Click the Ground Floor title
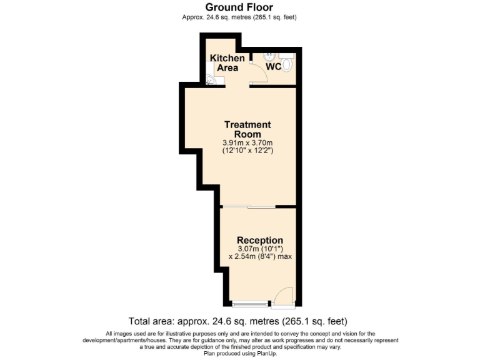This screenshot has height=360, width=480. point(239,7)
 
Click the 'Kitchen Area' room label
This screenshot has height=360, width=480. point(227,62)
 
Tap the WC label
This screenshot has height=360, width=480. point(274,66)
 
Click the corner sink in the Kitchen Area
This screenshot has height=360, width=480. point(211,79)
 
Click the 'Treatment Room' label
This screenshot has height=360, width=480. point(247,129)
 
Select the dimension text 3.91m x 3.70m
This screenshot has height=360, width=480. point(247,142)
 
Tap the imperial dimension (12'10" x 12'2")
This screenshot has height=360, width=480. point(247,151)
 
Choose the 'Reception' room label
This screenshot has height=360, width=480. point(259,240)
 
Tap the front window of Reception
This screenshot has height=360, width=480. point(248,305)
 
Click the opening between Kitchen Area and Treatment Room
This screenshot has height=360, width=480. point(237,86)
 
